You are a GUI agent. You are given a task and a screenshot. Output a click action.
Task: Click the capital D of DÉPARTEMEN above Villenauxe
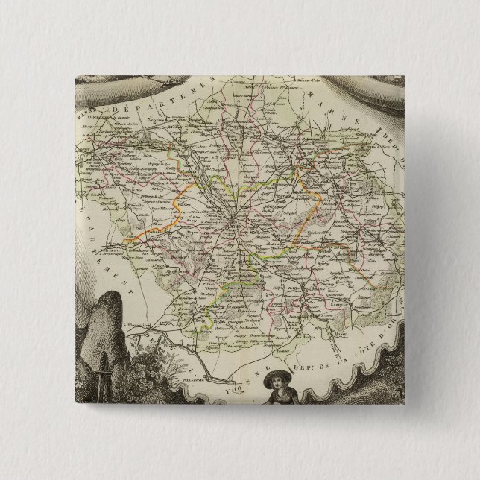click(x=119, y=111)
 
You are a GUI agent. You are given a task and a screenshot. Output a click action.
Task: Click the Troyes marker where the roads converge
click(x=236, y=221)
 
